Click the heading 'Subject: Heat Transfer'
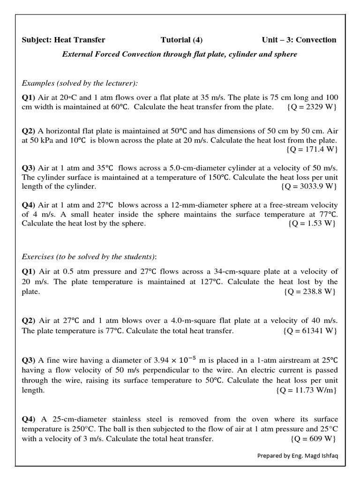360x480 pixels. coord(64,40)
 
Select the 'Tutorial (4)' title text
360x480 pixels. coord(181,40)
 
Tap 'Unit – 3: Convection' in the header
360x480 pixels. coord(299,40)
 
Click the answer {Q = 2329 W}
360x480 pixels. coord(311,107)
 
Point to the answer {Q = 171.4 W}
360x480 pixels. coord(311,150)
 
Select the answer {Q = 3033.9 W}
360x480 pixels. coord(309,186)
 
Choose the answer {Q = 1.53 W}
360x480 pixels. coord(312,223)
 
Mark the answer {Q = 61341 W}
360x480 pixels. coord(310,331)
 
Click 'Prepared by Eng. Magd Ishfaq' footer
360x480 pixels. coord(297,456)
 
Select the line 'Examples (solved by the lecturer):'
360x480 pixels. coord(80,83)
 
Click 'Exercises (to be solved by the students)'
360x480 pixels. coord(89,256)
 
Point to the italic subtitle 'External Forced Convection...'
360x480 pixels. coord(180,54)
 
